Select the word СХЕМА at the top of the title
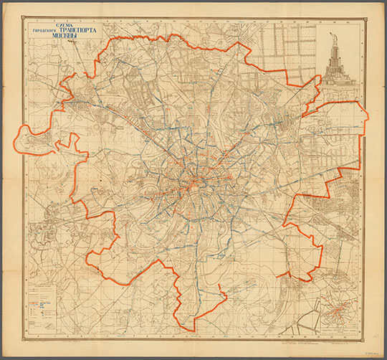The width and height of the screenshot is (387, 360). pos(56,23)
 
